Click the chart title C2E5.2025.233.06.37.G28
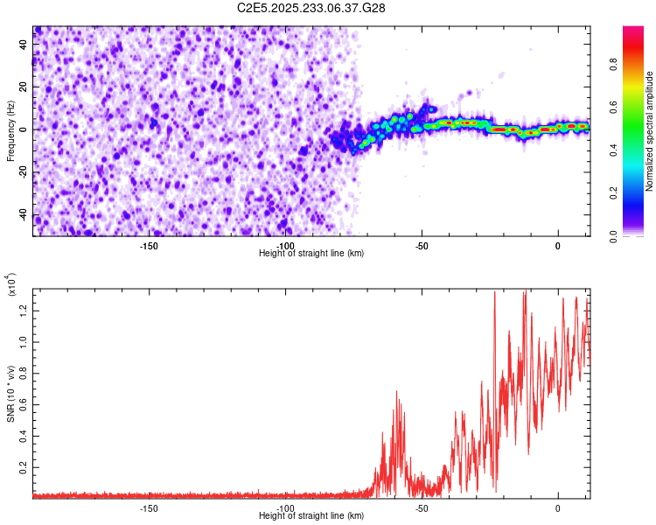[311, 8]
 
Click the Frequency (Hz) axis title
[10, 131]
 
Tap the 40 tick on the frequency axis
[24, 43]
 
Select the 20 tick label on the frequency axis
[24, 86]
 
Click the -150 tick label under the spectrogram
[148, 246]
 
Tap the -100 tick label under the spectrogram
[284, 246]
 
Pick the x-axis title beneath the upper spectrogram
[311, 254]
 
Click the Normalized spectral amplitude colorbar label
[650, 131]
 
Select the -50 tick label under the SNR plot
[421, 507]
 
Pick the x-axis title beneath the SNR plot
[311, 516]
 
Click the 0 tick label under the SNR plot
[558, 507]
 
